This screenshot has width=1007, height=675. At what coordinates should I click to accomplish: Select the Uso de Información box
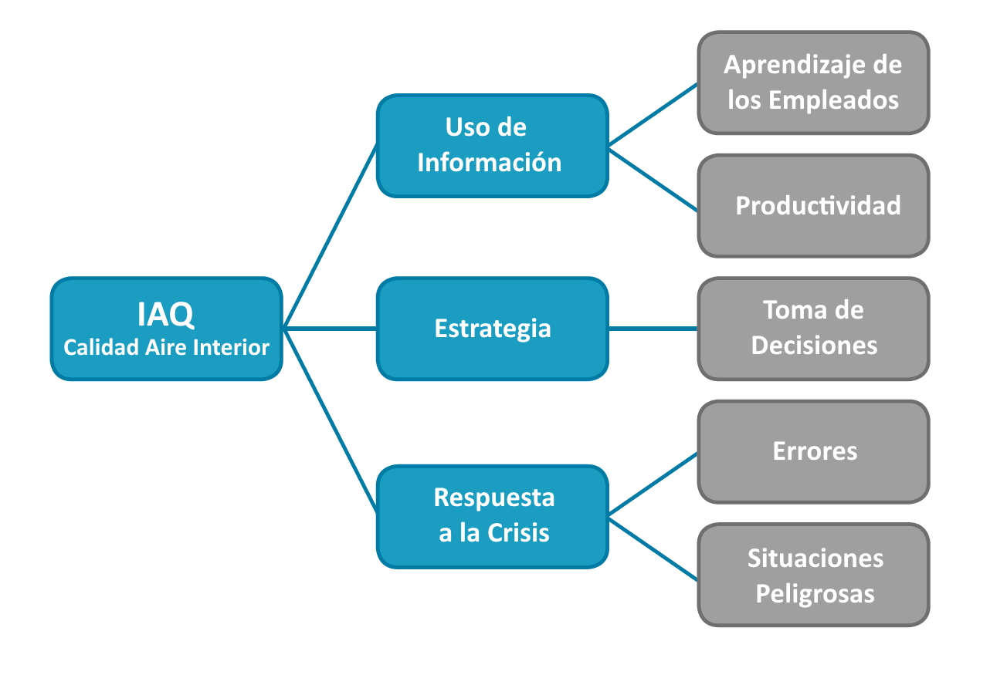click(492, 145)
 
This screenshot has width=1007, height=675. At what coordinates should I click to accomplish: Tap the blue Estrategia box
click(492, 329)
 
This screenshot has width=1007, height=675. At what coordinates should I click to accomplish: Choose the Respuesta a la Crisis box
click(492, 516)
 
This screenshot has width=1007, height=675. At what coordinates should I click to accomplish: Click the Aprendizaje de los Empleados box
click(813, 83)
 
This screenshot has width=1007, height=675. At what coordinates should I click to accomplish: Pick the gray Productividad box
click(813, 205)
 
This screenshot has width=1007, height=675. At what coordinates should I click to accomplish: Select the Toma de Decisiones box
click(813, 329)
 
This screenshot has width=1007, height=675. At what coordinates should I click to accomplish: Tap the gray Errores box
click(813, 451)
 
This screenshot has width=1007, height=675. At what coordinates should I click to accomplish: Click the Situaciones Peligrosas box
click(813, 575)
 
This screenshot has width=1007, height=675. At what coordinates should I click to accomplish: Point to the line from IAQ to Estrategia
click(330, 329)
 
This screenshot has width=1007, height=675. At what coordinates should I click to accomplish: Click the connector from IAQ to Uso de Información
click(330, 236)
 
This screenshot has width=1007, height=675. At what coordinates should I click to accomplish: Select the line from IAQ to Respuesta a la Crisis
click(330, 420)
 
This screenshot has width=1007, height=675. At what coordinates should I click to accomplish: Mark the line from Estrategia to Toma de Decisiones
click(653, 329)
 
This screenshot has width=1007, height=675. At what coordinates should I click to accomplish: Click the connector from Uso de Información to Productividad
click(653, 179)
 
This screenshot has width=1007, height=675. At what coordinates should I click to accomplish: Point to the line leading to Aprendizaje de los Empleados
click(653, 114)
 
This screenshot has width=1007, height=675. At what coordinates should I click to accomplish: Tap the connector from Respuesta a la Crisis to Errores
click(653, 483)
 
